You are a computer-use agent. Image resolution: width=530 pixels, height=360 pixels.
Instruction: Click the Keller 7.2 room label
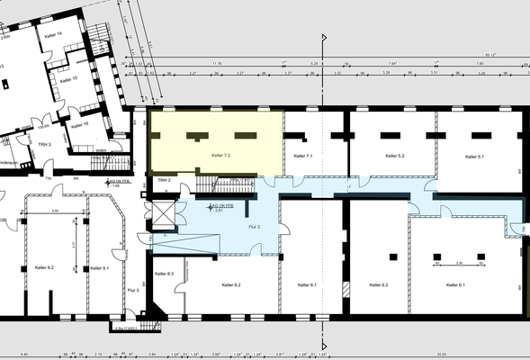[220, 156]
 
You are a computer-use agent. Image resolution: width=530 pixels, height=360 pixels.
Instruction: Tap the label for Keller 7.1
[302, 157]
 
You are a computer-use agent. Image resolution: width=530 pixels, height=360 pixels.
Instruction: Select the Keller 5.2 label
[395, 157]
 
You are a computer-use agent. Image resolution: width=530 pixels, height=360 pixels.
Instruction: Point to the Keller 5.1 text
[475, 157]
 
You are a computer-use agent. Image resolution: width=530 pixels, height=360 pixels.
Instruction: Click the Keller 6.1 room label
[455, 284]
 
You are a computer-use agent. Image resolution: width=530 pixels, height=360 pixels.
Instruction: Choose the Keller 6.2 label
[378, 284]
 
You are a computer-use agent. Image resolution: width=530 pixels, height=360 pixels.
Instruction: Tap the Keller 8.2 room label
[231, 284]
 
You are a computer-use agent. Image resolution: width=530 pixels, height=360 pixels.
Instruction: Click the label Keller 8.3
[164, 273]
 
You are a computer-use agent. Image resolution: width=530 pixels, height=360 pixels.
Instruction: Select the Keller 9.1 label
[99, 268]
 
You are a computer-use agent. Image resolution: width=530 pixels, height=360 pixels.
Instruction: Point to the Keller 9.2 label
[44, 268]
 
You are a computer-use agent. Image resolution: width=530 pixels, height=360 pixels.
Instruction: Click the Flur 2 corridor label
[253, 227]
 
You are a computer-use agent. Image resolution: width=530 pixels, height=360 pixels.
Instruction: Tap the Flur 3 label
[133, 290]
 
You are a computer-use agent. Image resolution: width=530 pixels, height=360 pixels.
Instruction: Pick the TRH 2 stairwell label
[164, 180]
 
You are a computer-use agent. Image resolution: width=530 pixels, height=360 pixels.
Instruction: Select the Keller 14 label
[53, 34]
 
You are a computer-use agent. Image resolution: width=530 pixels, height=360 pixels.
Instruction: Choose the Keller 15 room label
[68, 78]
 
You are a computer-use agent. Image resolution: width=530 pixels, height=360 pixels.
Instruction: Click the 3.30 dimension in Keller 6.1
[458, 263]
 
